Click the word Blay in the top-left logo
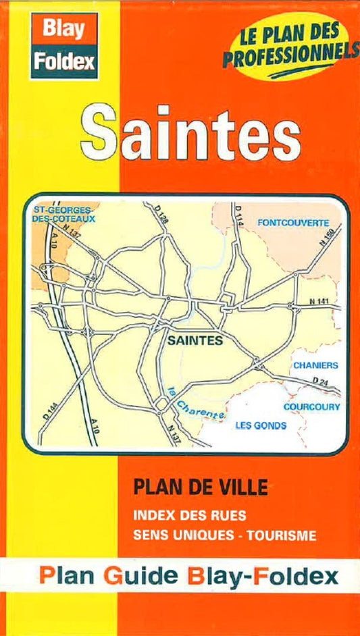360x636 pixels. tap(64, 28)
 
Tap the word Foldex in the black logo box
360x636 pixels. tap(65, 61)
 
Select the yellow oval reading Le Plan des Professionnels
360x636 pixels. tap(290, 49)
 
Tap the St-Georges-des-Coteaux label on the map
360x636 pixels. tap(63, 215)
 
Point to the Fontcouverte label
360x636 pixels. tap(293, 222)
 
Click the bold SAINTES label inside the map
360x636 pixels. tap(195, 341)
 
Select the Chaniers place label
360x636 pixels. tap(315, 365)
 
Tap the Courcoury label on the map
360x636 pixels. tap(311, 407)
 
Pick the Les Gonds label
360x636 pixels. tap(260, 425)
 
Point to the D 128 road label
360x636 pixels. tap(161, 215)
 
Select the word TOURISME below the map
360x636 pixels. tap(282, 536)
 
